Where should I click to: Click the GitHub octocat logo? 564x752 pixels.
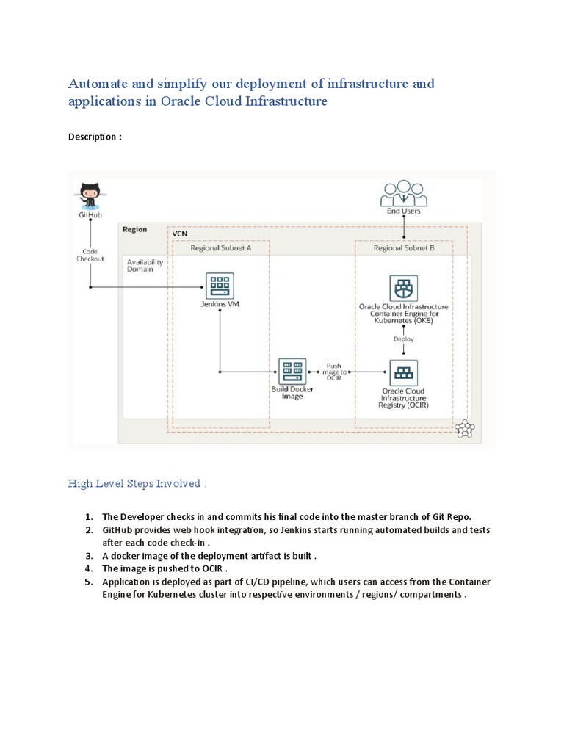tap(90, 195)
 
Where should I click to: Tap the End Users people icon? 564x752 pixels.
tap(404, 194)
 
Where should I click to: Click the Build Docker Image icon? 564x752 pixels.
tap(292, 371)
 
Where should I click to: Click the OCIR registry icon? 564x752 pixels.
tap(402, 372)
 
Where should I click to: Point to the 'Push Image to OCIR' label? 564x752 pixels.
tap(334, 372)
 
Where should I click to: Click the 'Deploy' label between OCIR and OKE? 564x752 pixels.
tap(403, 339)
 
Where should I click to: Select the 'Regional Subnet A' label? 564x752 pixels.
tap(221, 248)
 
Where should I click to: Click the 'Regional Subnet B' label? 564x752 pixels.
tap(403, 248)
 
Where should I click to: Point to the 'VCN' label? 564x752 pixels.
tap(179, 234)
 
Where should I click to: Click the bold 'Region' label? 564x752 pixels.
tap(134, 229)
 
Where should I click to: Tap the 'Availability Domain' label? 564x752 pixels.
tap(145, 265)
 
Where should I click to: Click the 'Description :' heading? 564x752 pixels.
tap(95, 137)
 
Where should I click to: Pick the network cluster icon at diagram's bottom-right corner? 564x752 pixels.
tap(464, 430)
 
